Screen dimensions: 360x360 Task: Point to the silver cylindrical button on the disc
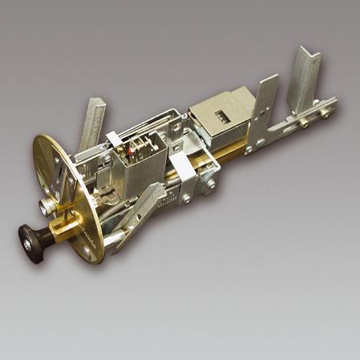pyautogui.click(x=50, y=206)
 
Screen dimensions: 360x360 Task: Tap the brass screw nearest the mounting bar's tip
pyautogui.click(x=324, y=112)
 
